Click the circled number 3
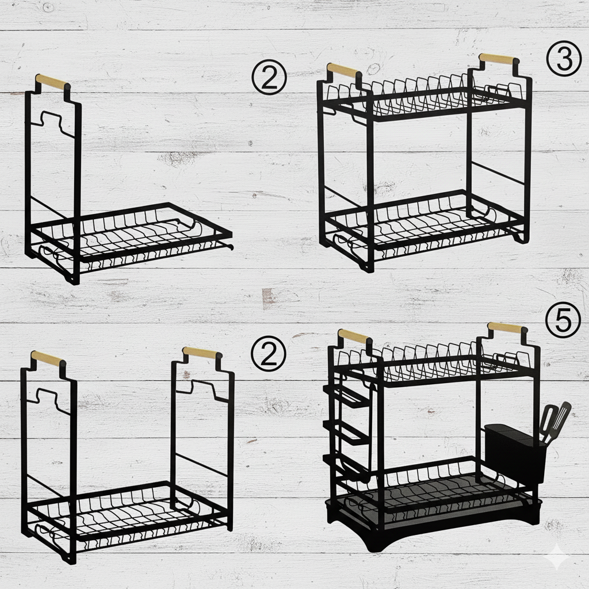[x=564, y=59]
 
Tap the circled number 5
[x=563, y=320]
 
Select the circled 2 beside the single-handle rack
[x=269, y=78]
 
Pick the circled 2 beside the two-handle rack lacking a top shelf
[x=269, y=354]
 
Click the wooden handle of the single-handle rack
[x=53, y=82]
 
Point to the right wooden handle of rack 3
[x=499, y=59]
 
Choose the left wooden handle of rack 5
[x=355, y=336]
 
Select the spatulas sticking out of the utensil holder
[x=555, y=423]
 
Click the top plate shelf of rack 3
[x=424, y=98]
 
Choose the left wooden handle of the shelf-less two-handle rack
[x=48, y=358]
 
